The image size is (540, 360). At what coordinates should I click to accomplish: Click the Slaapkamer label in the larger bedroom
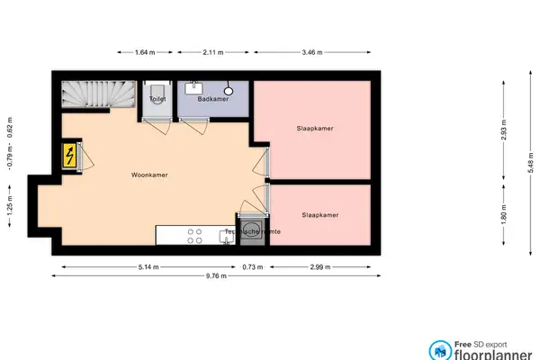(x=316, y=129)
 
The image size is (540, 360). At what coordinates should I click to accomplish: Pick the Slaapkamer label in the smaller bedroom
(x=320, y=216)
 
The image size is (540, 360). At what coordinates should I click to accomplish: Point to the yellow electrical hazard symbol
(x=69, y=157)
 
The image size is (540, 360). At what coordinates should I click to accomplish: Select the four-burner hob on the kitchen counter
(x=194, y=235)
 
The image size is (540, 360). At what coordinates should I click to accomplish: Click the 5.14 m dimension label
(x=149, y=266)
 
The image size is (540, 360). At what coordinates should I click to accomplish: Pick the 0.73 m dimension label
(x=255, y=266)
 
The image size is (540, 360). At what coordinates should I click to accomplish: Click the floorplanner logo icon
(x=440, y=350)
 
